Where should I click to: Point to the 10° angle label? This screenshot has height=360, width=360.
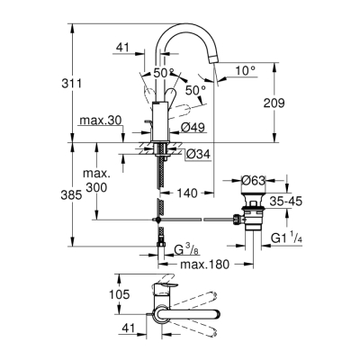pos(247,70)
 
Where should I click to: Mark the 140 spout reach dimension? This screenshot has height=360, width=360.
pos(188,192)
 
